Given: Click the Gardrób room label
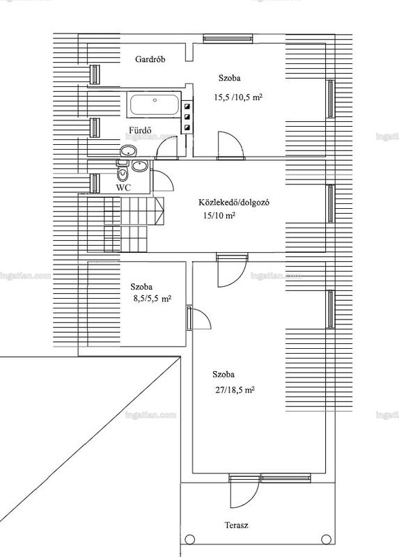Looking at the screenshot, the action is [150, 59].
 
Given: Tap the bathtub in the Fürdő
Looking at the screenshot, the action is [155, 105].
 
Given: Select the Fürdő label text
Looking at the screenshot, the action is [136, 130].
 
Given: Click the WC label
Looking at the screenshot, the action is [123, 187].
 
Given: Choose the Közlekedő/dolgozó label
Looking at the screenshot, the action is [234, 203].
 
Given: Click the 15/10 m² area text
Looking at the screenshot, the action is [219, 215].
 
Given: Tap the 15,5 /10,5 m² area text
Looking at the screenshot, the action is [238, 97].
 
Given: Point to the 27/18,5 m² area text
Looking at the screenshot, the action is [235, 390].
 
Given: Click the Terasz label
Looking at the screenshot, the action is [236, 525].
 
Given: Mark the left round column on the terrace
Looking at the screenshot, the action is [190, 539].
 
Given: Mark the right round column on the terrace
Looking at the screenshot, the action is [326, 539].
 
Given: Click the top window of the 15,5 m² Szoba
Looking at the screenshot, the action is [228, 38].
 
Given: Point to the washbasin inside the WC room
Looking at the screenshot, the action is [140, 166].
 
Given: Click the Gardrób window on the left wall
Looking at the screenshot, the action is [95, 74].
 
